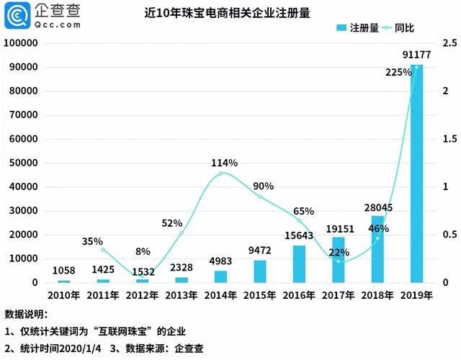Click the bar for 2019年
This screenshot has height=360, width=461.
(x=416, y=174)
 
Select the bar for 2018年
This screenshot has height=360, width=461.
(x=377, y=248)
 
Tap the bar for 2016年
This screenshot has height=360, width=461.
(x=299, y=264)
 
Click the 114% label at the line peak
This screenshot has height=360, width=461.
(x=224, y=163)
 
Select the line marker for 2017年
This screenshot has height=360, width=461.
(x=339, y=261)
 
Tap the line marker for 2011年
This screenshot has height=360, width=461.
(x=103, y=249)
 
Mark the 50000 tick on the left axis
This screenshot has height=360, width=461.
(x=22, y=163)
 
